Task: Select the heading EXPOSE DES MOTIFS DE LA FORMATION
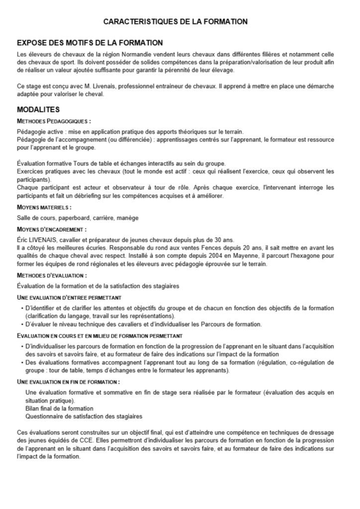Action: [90, 43]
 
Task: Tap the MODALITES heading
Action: [38, 109]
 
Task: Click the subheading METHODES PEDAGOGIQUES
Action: [54, 121]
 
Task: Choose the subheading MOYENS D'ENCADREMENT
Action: [52, 229]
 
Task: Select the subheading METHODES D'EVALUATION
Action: [52, 275]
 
